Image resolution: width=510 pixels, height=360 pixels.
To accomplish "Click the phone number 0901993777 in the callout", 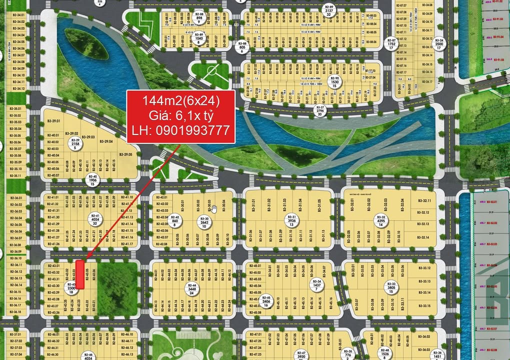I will (x=180, y=131).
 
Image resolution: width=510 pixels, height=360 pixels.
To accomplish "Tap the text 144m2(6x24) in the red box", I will (x=180, y=100).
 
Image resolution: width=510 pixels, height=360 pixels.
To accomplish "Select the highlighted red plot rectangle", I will (x=79, y=274).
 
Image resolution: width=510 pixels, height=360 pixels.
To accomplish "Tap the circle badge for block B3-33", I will (x=391, y=287).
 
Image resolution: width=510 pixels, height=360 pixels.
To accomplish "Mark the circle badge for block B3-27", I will (x=319, y=110).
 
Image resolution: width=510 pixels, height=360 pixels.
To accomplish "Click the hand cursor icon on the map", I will (x=214, y=208).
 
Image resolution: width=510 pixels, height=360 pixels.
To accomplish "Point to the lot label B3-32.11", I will (x=425, y=201).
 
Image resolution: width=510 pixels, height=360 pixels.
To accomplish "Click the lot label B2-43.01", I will (x=53, y=266).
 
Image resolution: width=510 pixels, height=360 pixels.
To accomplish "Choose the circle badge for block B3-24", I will (x=438, y=43).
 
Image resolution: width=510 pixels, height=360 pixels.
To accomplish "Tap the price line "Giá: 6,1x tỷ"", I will (x=180, y=116).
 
